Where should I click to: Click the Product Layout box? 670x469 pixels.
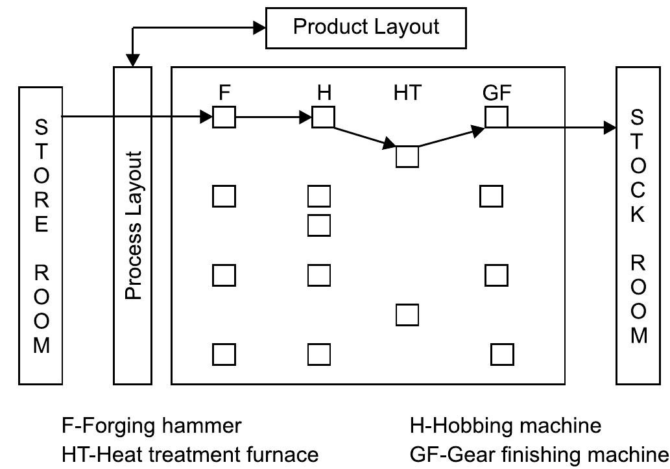point(366,27)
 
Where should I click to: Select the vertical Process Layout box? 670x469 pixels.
point(132,225)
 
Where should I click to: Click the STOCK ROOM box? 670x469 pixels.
point(637,225)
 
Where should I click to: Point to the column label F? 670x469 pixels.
point(224,93)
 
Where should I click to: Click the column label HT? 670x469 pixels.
point(407,93)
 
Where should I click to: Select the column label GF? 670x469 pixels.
point(497,93)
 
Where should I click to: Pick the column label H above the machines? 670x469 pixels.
point(324,93)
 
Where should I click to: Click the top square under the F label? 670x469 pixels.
point(224,118)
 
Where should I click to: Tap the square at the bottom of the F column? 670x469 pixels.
point(224,354)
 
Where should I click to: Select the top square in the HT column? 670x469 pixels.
point(407,156)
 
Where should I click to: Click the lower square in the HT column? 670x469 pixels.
point(407,315)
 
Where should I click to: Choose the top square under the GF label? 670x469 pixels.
point(497,117)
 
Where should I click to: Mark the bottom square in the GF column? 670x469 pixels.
point(503,354)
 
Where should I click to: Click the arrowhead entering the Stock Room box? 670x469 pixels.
point(610,128)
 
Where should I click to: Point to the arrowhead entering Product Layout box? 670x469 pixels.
point(259,27)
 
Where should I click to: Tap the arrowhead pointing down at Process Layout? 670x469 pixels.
point(132,60)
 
